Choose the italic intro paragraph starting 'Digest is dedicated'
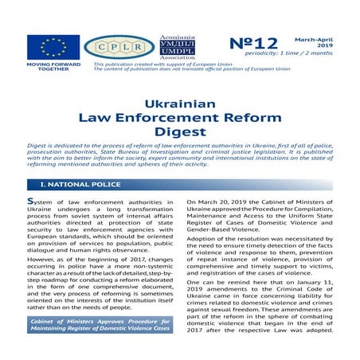tap(179, 158)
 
